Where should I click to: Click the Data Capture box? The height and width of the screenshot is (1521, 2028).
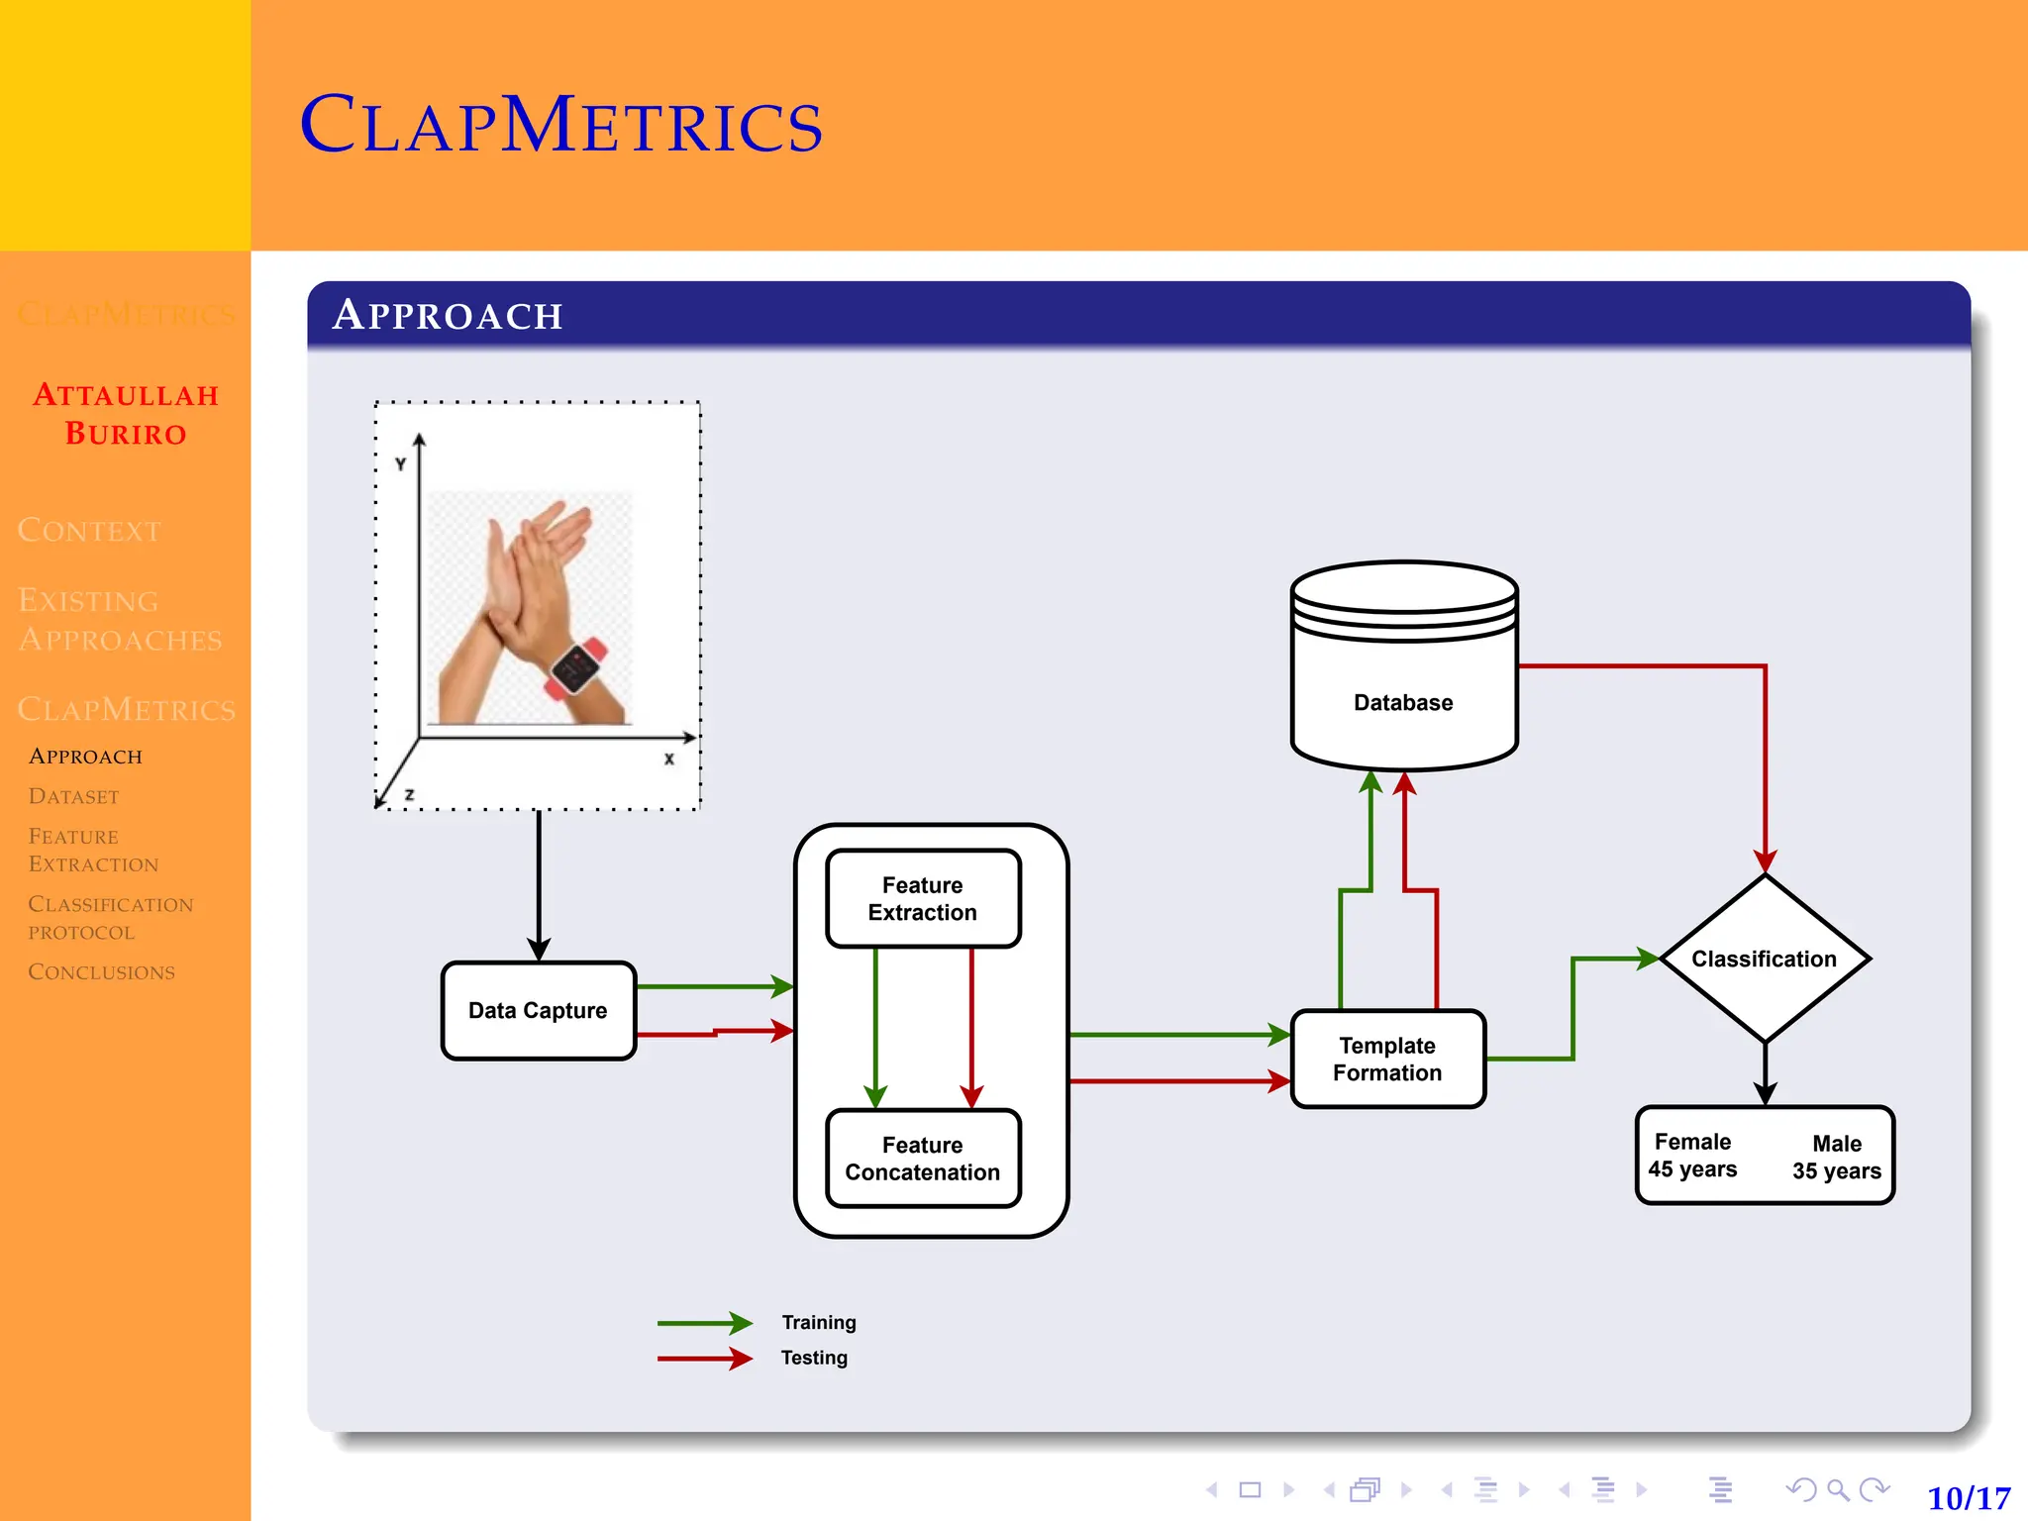click(538, 1010)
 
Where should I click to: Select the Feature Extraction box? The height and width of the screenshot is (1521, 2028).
click(922, 898)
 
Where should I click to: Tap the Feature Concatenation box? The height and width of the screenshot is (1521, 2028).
click(922, 1159)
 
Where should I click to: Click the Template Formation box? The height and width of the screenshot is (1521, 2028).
click(1387, 1059)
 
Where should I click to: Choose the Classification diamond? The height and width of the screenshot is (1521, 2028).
click(1764, 959)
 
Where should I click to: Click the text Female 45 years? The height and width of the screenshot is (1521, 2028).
click(1692, 1156)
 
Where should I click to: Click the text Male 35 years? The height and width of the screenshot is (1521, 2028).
click(1836, 1158)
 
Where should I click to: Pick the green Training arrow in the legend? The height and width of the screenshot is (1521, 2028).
click(704, 1323)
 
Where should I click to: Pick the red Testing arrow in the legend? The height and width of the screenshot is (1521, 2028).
click(704, 1359)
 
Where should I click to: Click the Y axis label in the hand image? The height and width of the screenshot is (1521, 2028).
click(400, 463)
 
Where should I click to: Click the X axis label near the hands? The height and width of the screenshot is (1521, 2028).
click(669, 760)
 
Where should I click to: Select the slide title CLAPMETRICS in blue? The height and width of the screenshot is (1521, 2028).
click(560, 126)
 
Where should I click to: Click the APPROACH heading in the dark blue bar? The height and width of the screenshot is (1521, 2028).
click(448, 315)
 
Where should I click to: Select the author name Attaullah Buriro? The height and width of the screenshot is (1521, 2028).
click(126, 414)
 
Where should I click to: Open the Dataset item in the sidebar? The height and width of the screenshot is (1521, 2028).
click(73, 796)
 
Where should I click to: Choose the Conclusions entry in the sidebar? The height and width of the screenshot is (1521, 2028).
click(101, 971)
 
